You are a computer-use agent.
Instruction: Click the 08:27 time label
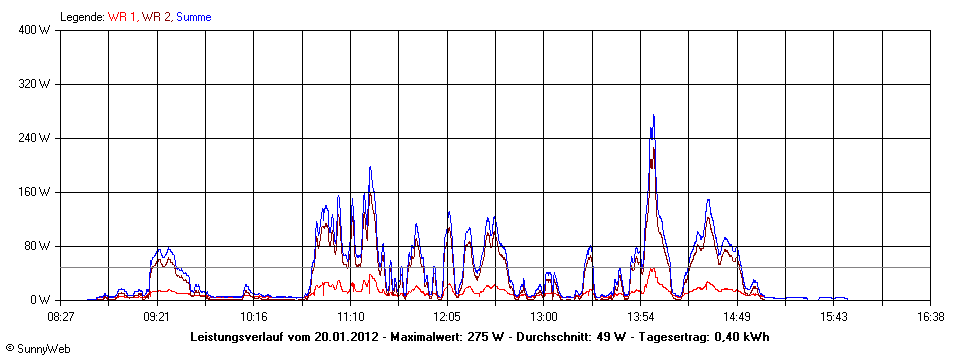click(61, 316)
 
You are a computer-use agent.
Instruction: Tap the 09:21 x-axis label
click(157, 316)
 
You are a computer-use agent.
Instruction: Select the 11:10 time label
click(350, 316)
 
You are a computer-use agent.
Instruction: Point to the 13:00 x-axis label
click(543, 316)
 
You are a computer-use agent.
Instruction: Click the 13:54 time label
click(640, 316)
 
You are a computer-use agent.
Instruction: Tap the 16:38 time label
click(930, 316)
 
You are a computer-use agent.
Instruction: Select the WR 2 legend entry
click(156, 17)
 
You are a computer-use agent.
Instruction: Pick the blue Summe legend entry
click(193, 17)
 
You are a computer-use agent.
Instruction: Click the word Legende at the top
click(82, 17)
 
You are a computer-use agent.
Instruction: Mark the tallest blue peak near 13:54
click(653, 116)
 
